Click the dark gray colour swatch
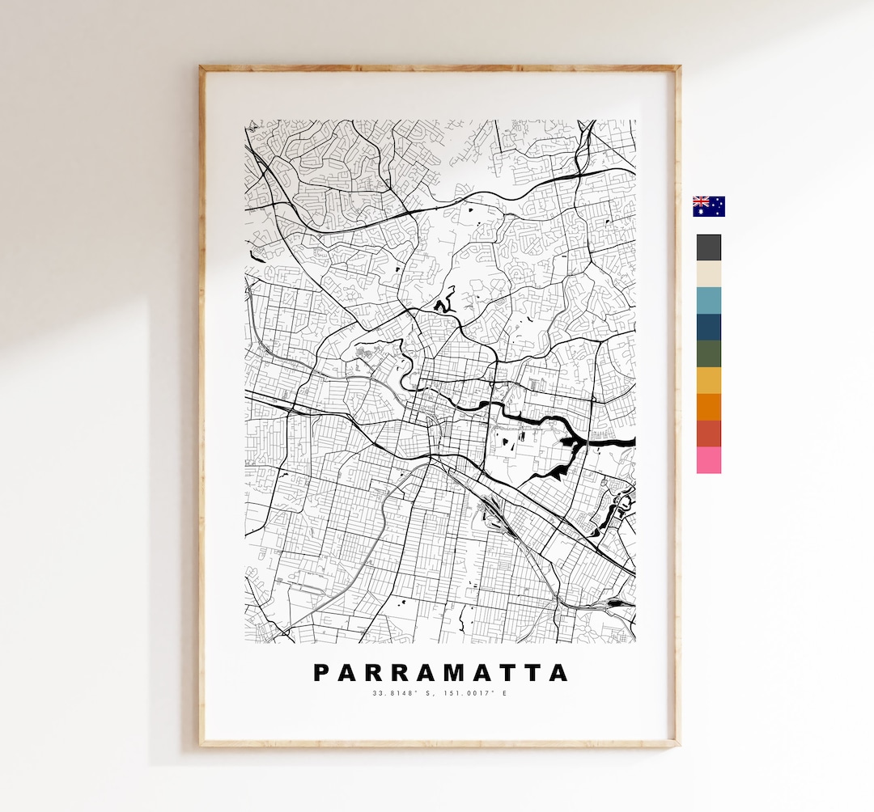(708, 247)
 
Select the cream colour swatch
(708, 274)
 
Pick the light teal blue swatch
(708, 300)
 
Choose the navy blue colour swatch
(708, 327)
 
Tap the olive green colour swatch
(708, 353)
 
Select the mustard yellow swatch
(708, 380)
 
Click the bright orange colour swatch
(708, 407)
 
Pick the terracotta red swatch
(708, 433)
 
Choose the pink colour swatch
(708, 460)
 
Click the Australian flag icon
(709, 206)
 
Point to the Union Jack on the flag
(701, 201)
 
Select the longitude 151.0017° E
(476, 693)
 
